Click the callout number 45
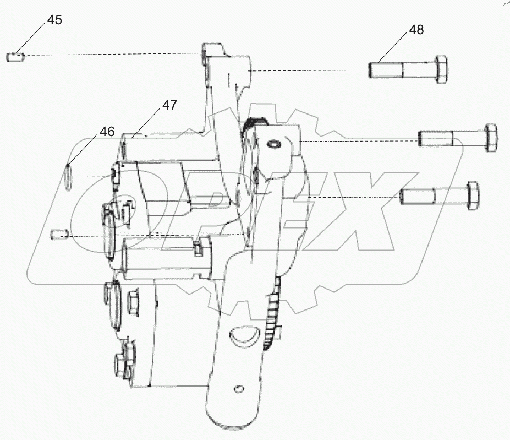pos(54,20)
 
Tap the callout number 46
pos(107,132)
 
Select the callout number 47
pos(169,105)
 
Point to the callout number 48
pos(416,30)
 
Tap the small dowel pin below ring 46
pos(58,235)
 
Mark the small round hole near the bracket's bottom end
pos(237,389)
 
